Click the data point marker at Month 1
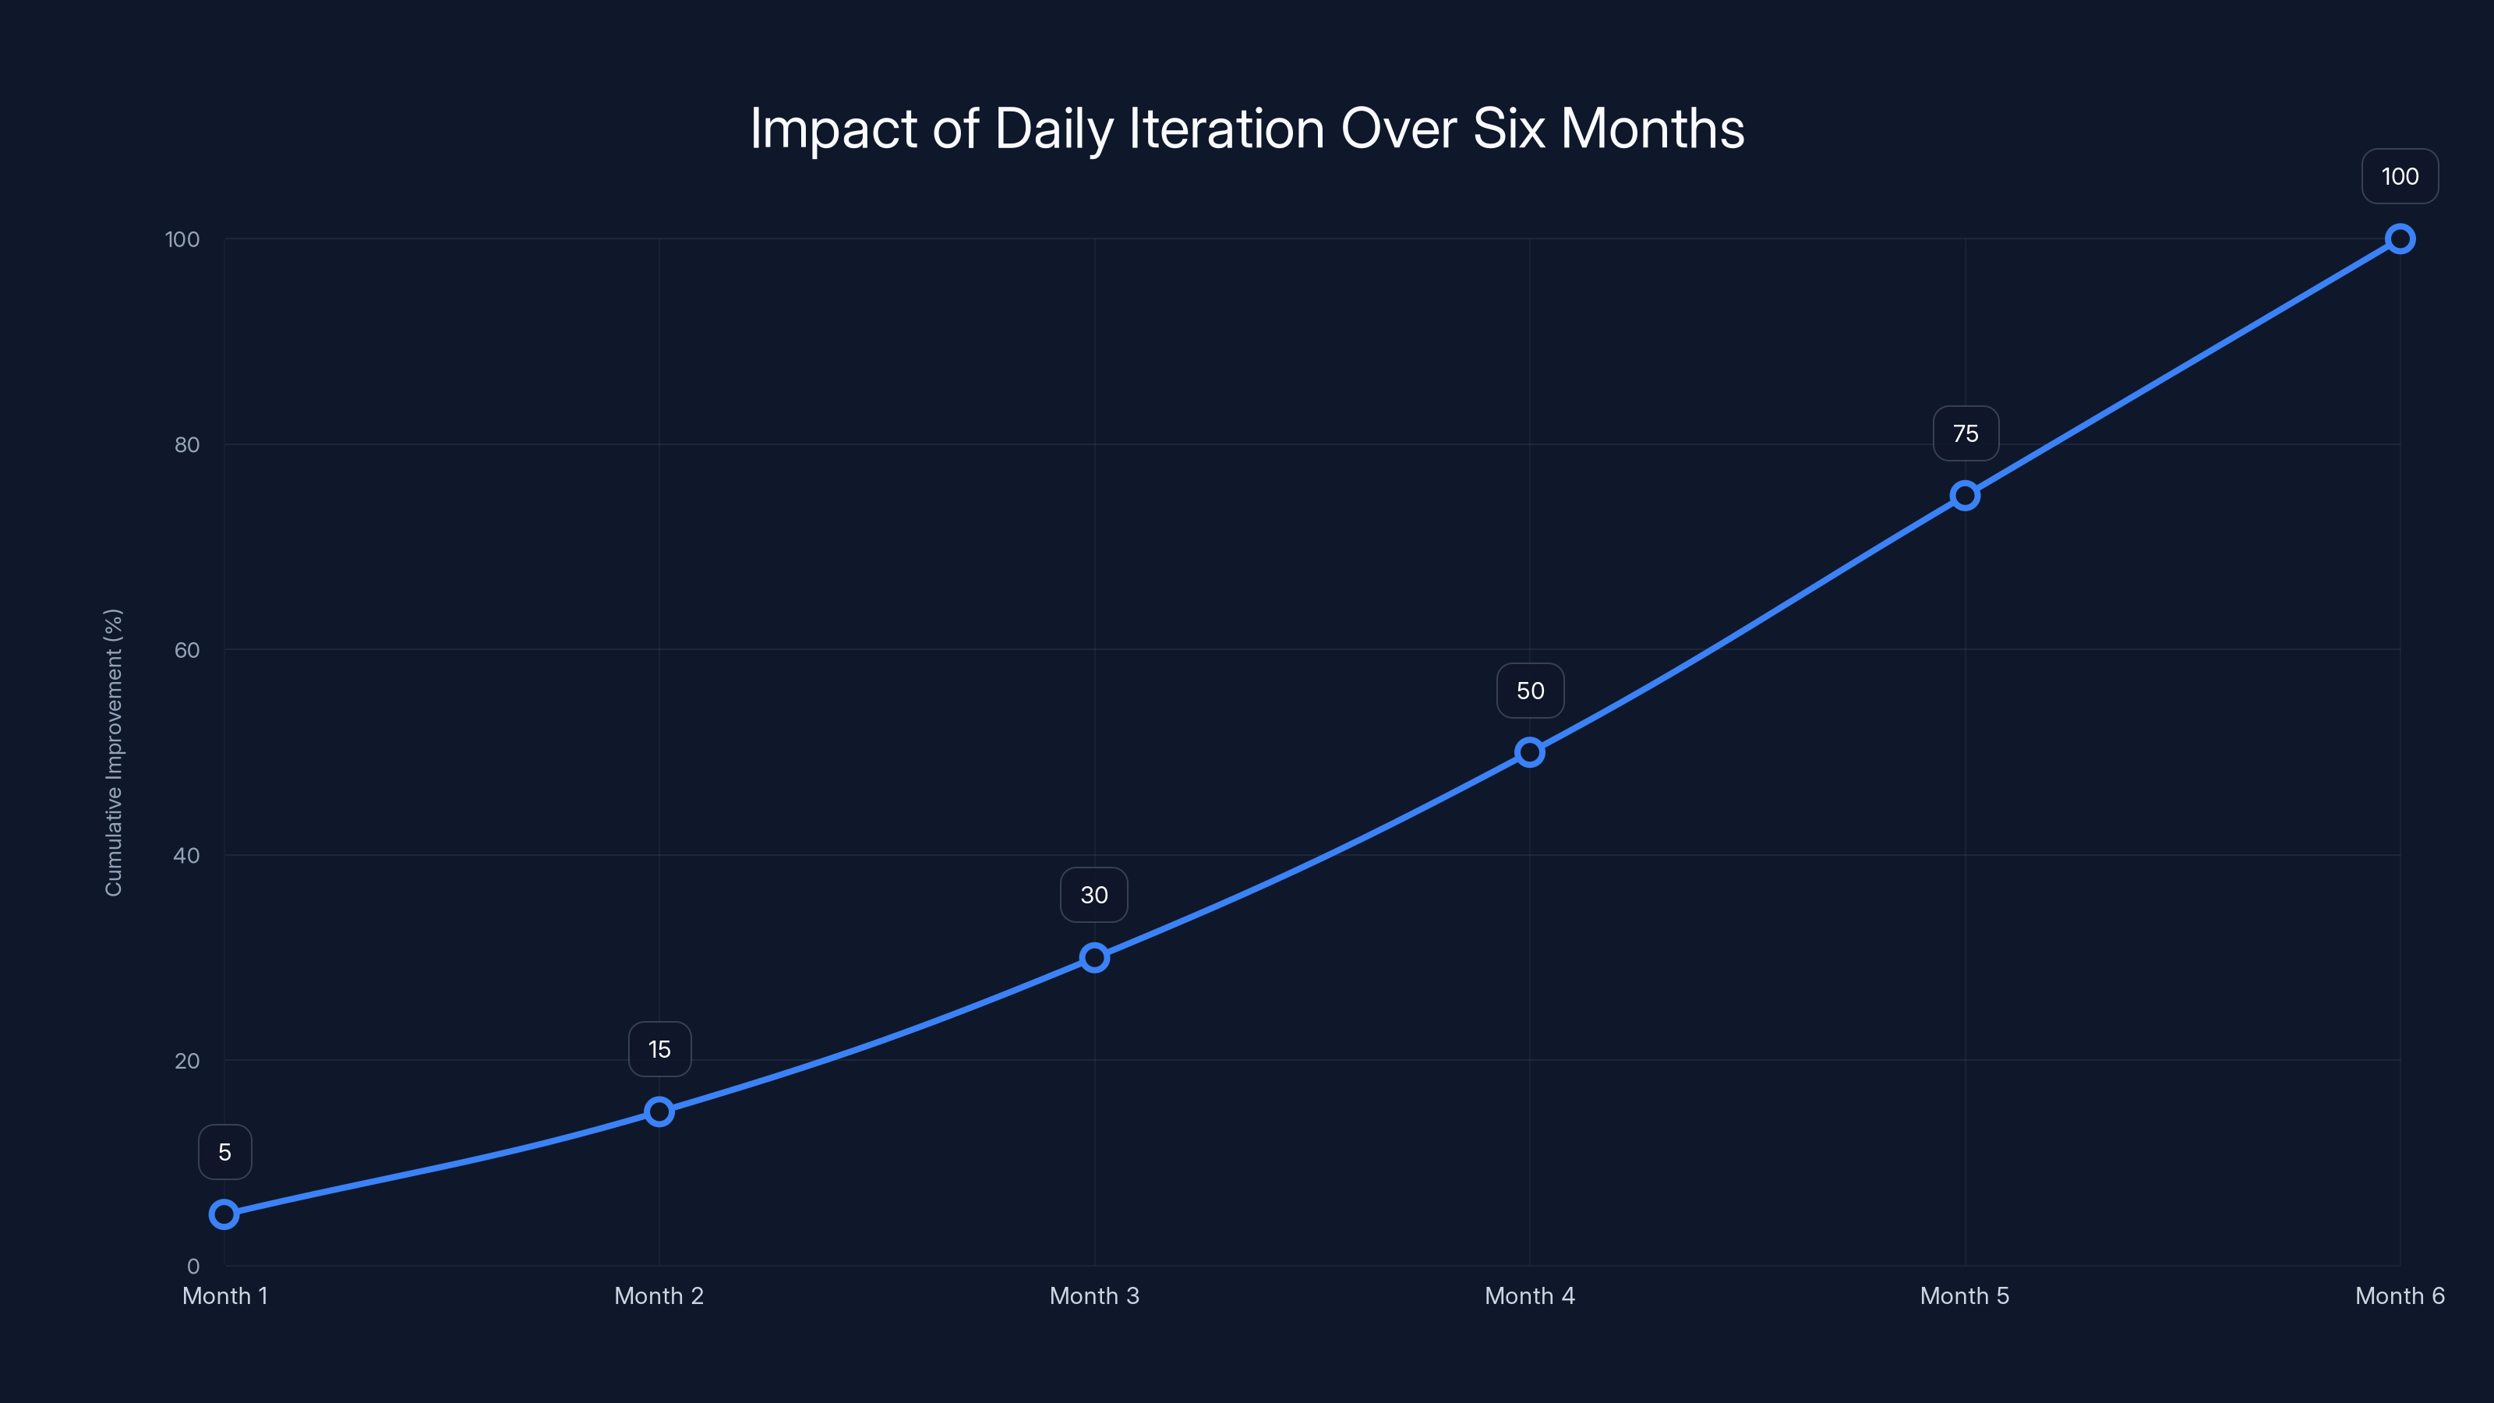click(224, 1214)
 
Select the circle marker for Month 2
click(659, 1111)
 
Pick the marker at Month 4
click(1530, 751)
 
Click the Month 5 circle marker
click(1964, 495)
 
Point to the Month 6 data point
click(2399, 239)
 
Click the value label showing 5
click(224, 1152)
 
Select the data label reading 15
click(659, 1050)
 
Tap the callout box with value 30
click(1094, 895)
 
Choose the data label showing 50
click(1530, 691)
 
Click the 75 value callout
click(1966, 434)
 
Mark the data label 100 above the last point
click(2399, 176)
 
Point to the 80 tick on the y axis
click(187, 444)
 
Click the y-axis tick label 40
click(187, 855)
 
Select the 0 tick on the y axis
click(193, 1266)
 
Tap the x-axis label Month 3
click(1094, 1295)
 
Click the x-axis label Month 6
click(2399, 1295)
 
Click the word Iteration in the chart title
click(1227, 129)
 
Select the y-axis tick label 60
click(187, 650)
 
